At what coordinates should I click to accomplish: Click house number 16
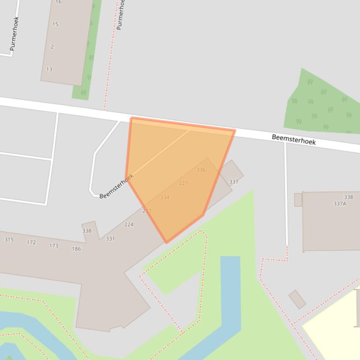tap(59, 2)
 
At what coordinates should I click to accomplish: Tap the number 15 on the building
tap(56, 24)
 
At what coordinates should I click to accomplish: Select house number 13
tap(49, 69)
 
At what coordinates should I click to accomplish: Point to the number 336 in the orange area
tap(201, 170)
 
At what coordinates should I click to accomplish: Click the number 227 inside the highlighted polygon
tap(183, 183)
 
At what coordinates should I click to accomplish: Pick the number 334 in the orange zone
tap(164, 197)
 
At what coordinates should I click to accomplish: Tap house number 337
tap(234, 182)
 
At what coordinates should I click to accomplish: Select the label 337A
tap(339, 204)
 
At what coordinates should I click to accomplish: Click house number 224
tap(129, 224)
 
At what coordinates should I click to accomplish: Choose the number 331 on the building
tap(110, 238)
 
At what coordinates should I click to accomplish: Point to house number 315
tap(9, 239)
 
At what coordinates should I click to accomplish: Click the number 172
tap(31, 242)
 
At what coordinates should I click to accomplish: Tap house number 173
tap(54, 245)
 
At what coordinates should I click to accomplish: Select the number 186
tap(76, 249)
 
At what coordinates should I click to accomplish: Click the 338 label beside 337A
tap(348, 197)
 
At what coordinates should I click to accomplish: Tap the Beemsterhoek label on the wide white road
tap(294, 139)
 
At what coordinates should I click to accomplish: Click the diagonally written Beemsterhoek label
tap(116, 186)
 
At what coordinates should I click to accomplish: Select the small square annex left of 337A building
tap(298, 200)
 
